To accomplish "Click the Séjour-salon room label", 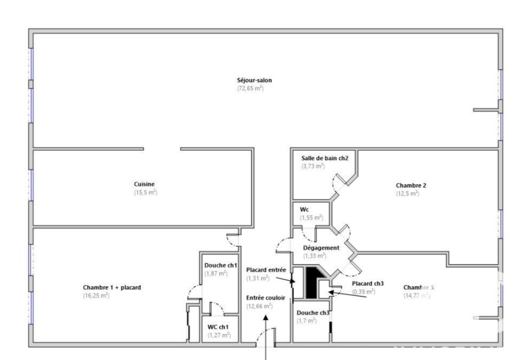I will pos(254,80).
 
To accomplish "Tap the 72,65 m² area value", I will pos(250,89).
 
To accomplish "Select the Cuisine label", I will pos(144,184).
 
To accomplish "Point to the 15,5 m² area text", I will pos(145,193).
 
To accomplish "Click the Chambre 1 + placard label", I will pos(112,287).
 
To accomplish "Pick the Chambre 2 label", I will pos(411,185).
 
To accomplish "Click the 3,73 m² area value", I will pos(313,166).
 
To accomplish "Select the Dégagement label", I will pos(322,248).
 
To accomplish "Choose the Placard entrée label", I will pos(266,270).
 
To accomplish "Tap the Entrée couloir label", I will pos(265,297).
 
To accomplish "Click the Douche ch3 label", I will pos(313,313).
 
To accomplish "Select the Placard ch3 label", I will pos(367,283).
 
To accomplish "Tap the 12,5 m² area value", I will pos(408,194).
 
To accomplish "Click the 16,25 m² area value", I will pos(96,295).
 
